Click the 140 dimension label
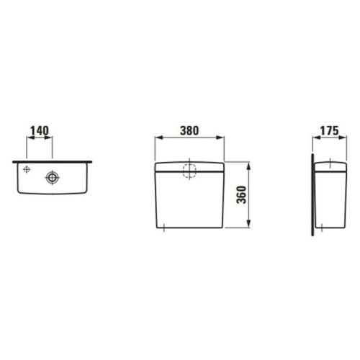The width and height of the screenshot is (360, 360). pyautogui.click(x=40, y=130)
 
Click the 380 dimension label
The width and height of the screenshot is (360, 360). pyautogui.click(x=189, y=130)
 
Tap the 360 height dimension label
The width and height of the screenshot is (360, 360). pyautogui.click(x=241, y=195)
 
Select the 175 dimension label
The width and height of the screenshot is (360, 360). pyautogui.click(x=330, y=130)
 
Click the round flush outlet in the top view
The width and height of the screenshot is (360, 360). pyautogui.click(x=52, y=177)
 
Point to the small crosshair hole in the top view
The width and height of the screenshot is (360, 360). pyautogui.click(x=27, y=169)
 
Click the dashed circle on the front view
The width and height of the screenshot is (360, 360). pyautogui.click(x=189, y=171)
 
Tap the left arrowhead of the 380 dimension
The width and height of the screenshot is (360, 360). pyautogui.click(x=159, y=138)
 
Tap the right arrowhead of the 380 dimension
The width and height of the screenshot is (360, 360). pyautogui.click(x=220, y=138)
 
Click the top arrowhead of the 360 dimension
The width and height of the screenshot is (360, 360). pyautogui.click(x=248, y=166)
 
